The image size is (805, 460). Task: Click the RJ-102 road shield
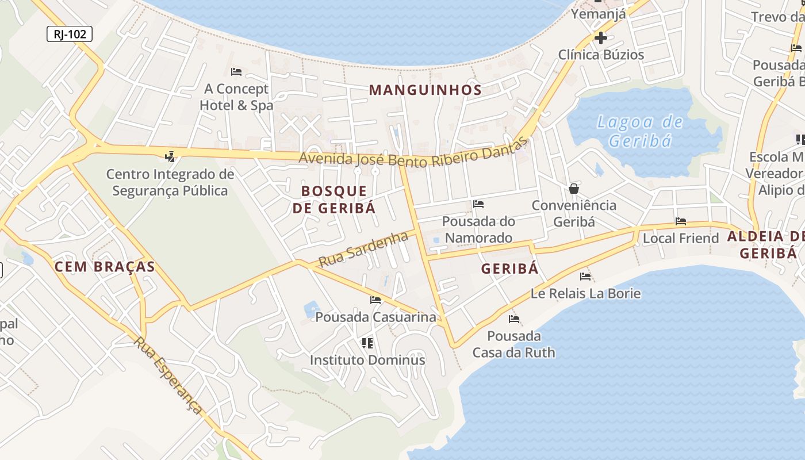pos(69,34)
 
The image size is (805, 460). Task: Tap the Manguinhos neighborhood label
pos(425,90)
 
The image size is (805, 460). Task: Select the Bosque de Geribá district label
pos(333,200)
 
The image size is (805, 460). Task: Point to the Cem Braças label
pos(105,266)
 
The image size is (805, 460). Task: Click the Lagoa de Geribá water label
pos(640,131)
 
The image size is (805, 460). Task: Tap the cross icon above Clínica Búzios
pos(601,39)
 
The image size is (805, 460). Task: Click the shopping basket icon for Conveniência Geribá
pos(573,189)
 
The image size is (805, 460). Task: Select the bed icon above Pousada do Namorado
pos(478,204)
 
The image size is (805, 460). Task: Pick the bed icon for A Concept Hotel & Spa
pos(236,72)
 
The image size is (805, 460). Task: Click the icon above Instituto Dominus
pos(367,343)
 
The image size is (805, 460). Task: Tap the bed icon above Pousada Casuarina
pos(375,300)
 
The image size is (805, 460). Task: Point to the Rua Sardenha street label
pos(363,249)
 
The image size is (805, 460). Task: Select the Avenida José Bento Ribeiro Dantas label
pos(413,155)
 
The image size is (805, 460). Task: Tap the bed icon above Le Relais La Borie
pos(585,277)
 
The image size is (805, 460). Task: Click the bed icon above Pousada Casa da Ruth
pos(514,319)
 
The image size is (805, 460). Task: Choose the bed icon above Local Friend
pos(681,221)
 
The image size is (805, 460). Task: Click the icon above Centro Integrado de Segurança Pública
pos(170,156)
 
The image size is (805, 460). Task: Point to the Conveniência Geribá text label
pos(573,213)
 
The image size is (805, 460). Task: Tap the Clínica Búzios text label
pos(601,55)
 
